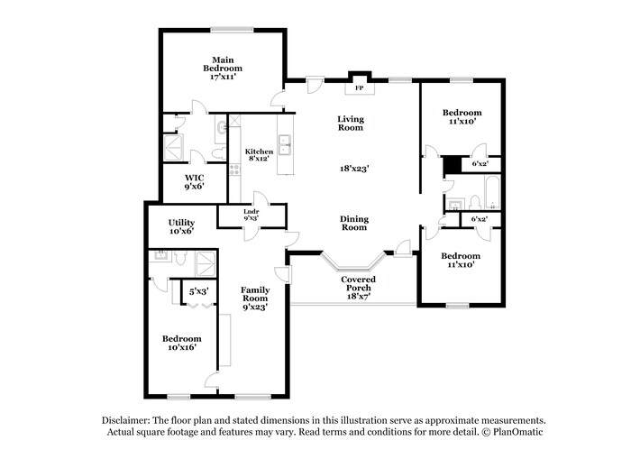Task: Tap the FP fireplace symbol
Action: pyautogui.click(x=359, y=87)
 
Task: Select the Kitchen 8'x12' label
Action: pyautogui.click(x=259, y=156)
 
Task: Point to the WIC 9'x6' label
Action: pyautogui.click(x=194, y=181)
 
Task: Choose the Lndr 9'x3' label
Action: pyautogui.click(x=251, y=215)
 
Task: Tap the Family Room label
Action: pyautogui.click(x=254, y=297)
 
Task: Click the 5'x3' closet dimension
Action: pyautogui.click(x=198, y=291)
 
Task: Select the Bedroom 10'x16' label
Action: pyautogui.click(x=178, y=343)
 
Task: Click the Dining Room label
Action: pyautogui.click(x=353, y=223)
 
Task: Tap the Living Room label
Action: pyautogui.click(x=351, y=123)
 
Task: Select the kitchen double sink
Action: pyautogui.click(x=285, y=142)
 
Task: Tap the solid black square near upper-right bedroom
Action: pyautogui.click(x=451, y=165)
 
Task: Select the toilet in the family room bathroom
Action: pyautogui.click(x=178, y=259)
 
